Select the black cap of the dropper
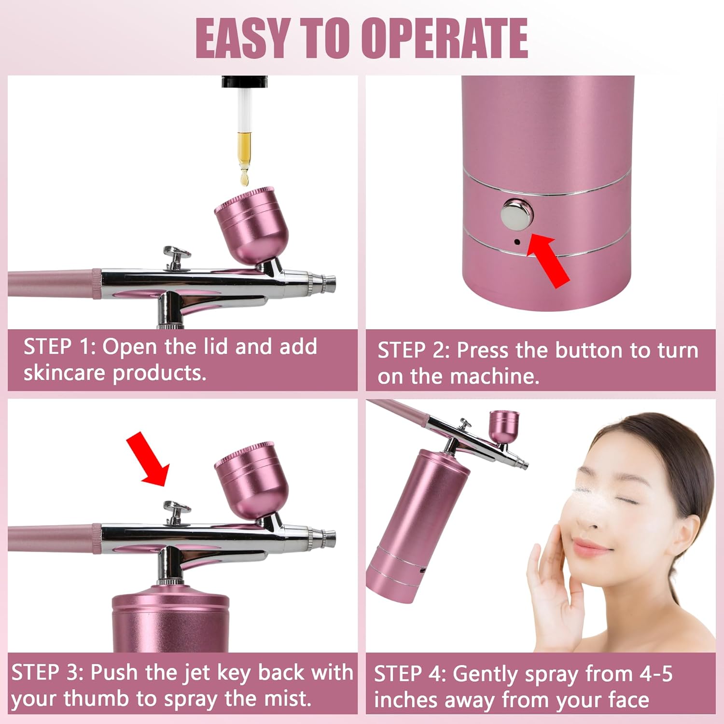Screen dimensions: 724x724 pos(244,82)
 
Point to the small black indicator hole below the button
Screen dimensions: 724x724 pos(517,241)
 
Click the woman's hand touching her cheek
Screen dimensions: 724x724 pos(550,579)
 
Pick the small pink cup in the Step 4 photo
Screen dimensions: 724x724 pos(504,426)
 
